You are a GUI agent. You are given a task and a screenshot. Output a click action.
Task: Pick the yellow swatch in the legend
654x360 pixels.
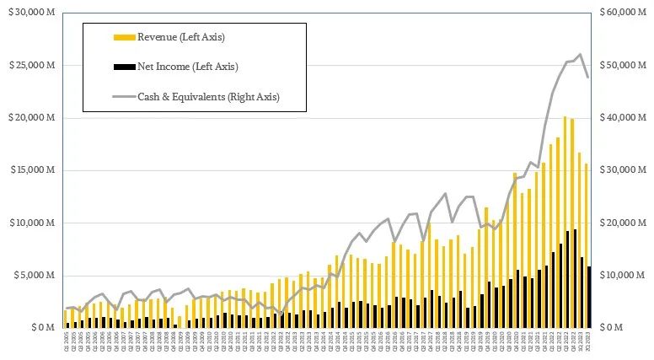[123, 37]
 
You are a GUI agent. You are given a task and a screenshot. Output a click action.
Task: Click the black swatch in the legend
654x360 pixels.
[123, 67]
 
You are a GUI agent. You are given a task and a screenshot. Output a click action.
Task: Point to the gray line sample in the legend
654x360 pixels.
[123, 97]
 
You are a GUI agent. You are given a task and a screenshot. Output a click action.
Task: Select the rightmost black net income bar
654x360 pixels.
[589, 297]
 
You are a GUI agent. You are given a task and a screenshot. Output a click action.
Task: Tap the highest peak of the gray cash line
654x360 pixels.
[580, 55]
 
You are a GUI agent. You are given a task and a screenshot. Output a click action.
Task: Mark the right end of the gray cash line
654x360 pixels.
[587, 78]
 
